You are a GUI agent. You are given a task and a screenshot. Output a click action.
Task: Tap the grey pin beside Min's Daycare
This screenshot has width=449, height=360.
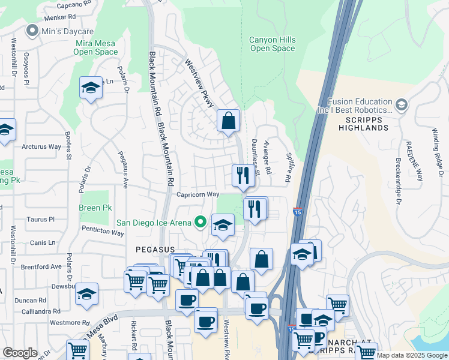click(x=31, y=30)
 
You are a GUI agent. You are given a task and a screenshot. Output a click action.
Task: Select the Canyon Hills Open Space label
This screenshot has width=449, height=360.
click(x=273, y=44)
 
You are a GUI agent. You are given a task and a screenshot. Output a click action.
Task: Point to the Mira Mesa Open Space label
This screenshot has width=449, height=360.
click(x=96, y=47)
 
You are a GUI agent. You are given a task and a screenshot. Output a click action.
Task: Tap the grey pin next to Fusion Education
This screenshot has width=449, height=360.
click(x=401, y=106)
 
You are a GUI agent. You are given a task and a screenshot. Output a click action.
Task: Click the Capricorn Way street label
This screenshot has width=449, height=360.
click(x=197, y=194)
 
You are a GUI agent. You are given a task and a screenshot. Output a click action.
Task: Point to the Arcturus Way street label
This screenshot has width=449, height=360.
click(x=41, y=146)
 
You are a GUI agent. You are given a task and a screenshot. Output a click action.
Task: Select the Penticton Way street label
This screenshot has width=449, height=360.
click(x=103, y=232)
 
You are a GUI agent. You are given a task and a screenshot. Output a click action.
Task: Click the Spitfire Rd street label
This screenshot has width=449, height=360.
click(x=288, y=170)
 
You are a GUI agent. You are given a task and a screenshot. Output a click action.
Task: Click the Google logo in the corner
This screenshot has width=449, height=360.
click(x=20, y=353)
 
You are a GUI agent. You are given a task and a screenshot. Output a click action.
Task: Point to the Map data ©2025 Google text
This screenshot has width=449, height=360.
click(x=411, y=355)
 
